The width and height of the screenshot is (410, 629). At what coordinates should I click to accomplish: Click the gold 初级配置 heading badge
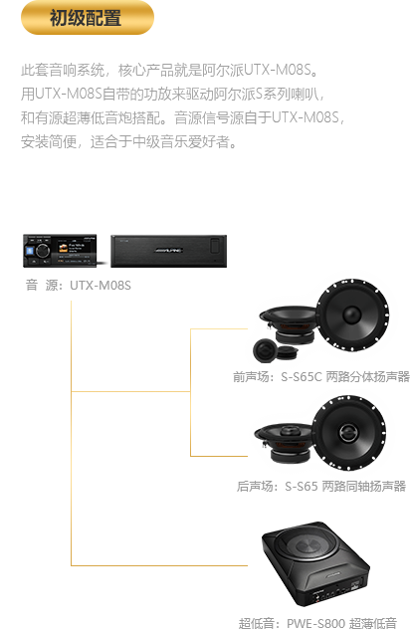[x=87, y=18]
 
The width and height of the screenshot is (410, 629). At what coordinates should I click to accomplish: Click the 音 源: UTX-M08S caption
[x=79, y=286]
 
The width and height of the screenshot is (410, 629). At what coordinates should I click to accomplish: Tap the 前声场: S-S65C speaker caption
[x=321, y=376]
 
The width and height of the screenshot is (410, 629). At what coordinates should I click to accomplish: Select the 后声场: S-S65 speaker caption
[x=321, y=487]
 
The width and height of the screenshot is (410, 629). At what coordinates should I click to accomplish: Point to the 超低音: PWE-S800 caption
[x=317, y=623]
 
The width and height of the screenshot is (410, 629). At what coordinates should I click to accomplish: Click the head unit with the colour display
[x=60, y=251]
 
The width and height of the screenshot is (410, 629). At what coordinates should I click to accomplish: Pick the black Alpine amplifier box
[x=169, y=251]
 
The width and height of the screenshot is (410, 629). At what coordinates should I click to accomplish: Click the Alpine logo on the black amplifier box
[x=168, y=251]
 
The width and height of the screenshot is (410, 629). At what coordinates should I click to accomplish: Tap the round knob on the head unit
[x=42, y=251]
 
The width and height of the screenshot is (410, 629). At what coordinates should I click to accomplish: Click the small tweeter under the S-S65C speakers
[x=265, y=349]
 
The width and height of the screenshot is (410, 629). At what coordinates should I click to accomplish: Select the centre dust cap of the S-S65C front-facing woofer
[x=352, y=314]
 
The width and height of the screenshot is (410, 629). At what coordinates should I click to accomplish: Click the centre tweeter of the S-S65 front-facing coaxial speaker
[x=346, y=432]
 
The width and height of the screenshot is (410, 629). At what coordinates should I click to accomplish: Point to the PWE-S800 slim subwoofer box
[x=314, y=563]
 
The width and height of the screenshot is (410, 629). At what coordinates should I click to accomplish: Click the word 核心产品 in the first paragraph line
[x=145, y=70]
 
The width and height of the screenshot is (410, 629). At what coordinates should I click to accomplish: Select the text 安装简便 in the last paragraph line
[x=49, y=141]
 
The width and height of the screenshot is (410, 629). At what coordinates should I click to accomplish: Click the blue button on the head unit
[x=29, y=251]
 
